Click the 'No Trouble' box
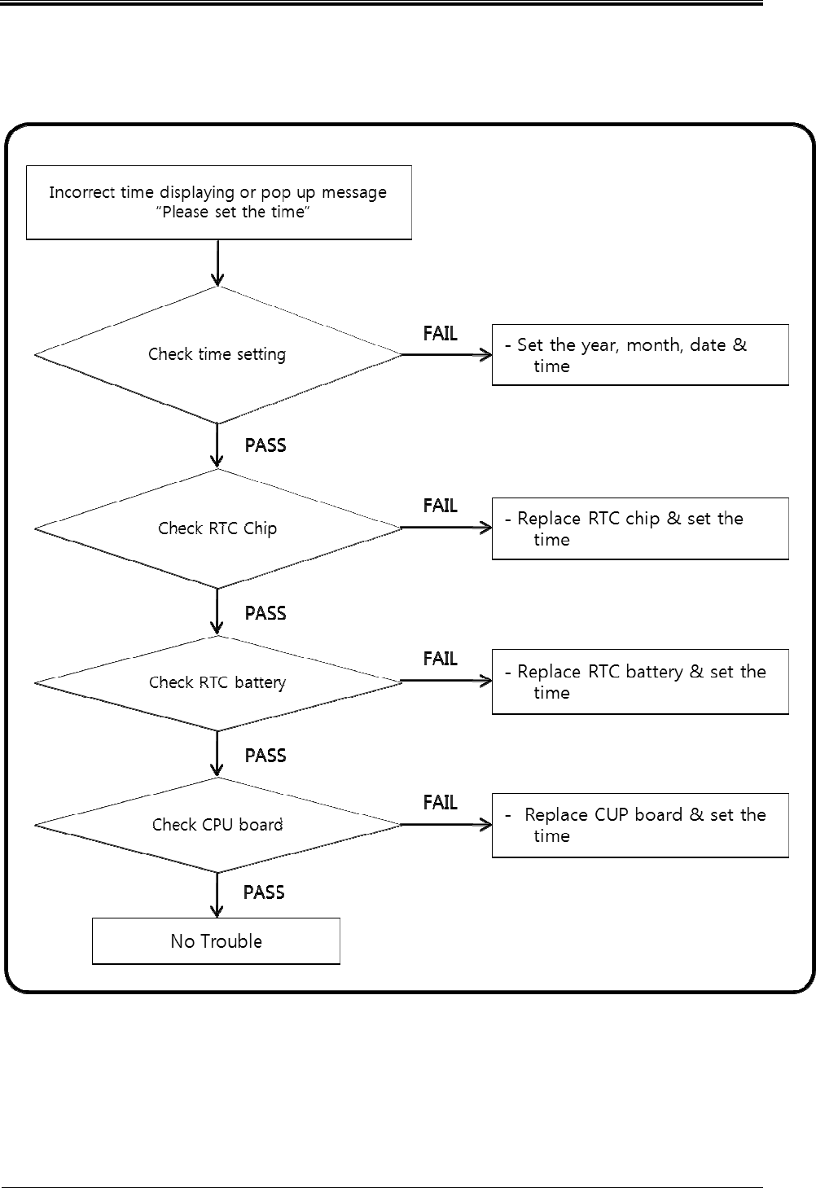pyautogui.click(x=216, y=940)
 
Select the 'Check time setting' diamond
pyautogui.click(x=217, y=355)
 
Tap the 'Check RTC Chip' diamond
pyautogui.click(x=217, y=528)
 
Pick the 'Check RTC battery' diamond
pyautogui.click(x=217, y=682)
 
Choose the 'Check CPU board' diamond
pyautogui.click(x=217, y=825)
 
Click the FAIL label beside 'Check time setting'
pyautogui.click(x=440, y=334)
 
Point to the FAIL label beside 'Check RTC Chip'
pyautogui.click(x=440, y=506)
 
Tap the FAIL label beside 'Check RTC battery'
pyautogui.click(x=440, y=659)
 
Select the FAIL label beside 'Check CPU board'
pyautogui.click(x=440, y=802)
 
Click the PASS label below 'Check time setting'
pyautogui.click(x=265, y=445)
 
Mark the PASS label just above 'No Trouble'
pyautogui.click(x=264, y=892)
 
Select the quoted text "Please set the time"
pyautogui.click(x=233, y=213)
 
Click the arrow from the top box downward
pyautogui.click(x=217, y=263)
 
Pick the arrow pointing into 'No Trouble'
pyautogui.click(x=217, y=895)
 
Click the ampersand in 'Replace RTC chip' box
pyautogui.click(x=673, y=518)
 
